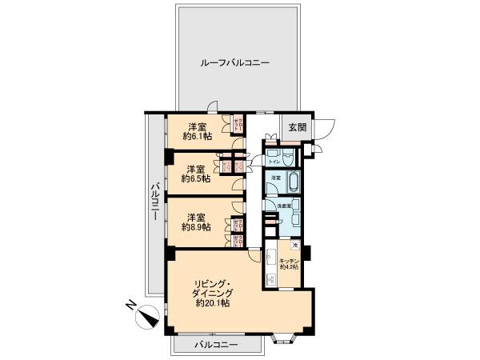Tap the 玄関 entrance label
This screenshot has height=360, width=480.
click(x=297, y=126)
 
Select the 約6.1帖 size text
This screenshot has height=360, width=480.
click(x=196, y=137)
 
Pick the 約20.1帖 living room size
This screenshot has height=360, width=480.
click(x=212, y=304)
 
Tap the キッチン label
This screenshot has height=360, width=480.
click(x=290, y=262)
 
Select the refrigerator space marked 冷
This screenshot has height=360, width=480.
click(x=295, y=246)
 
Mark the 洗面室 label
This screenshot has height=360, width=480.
click(x=283, y=205)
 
